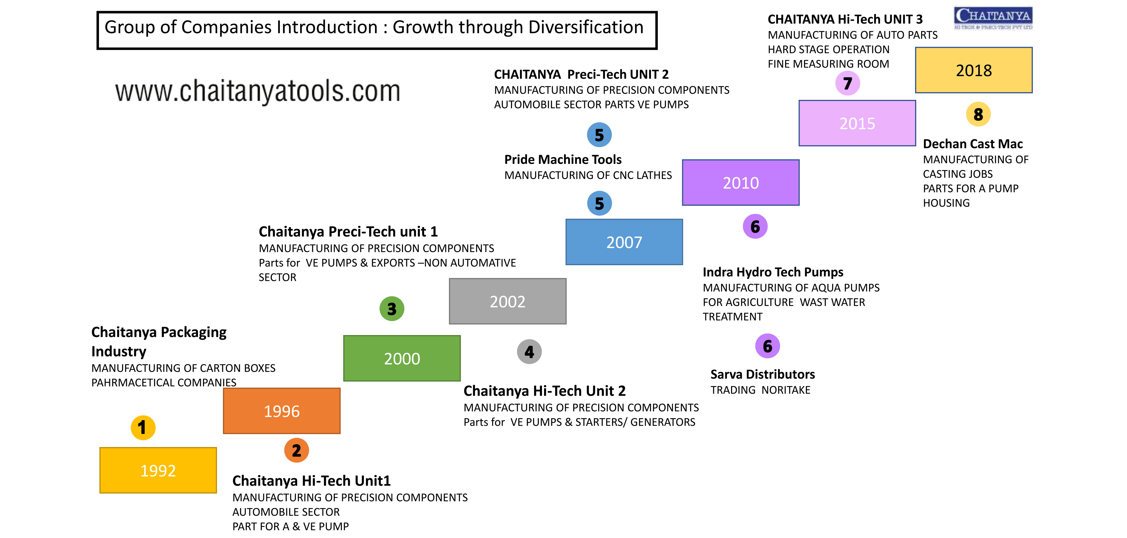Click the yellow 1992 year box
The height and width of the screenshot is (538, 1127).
[x=158, y=470]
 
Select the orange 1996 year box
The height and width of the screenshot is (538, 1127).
[x=282, y=411]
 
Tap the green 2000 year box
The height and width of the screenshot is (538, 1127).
[x=402, y=358]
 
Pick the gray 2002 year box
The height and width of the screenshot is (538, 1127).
[x=508, y=301]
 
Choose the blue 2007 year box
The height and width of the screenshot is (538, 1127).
[x=624, y=242]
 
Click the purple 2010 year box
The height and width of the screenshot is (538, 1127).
[x=741, y=183]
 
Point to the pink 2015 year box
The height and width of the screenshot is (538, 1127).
[x=857, y=123]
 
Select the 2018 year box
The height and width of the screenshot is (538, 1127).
[x=974, y=70]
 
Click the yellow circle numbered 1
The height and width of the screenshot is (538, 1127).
[x=143, y=428]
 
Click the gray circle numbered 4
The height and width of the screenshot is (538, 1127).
[x=529, y=351]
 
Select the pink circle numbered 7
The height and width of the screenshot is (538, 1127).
[x=847, y=83]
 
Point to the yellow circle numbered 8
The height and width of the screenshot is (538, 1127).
[x=978, y=114]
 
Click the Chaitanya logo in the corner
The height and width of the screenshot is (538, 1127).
[x=993, y=18]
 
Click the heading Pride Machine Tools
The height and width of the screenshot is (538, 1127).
[x=563, y=159]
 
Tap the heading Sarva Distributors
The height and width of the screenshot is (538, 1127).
[x=763, y=374]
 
